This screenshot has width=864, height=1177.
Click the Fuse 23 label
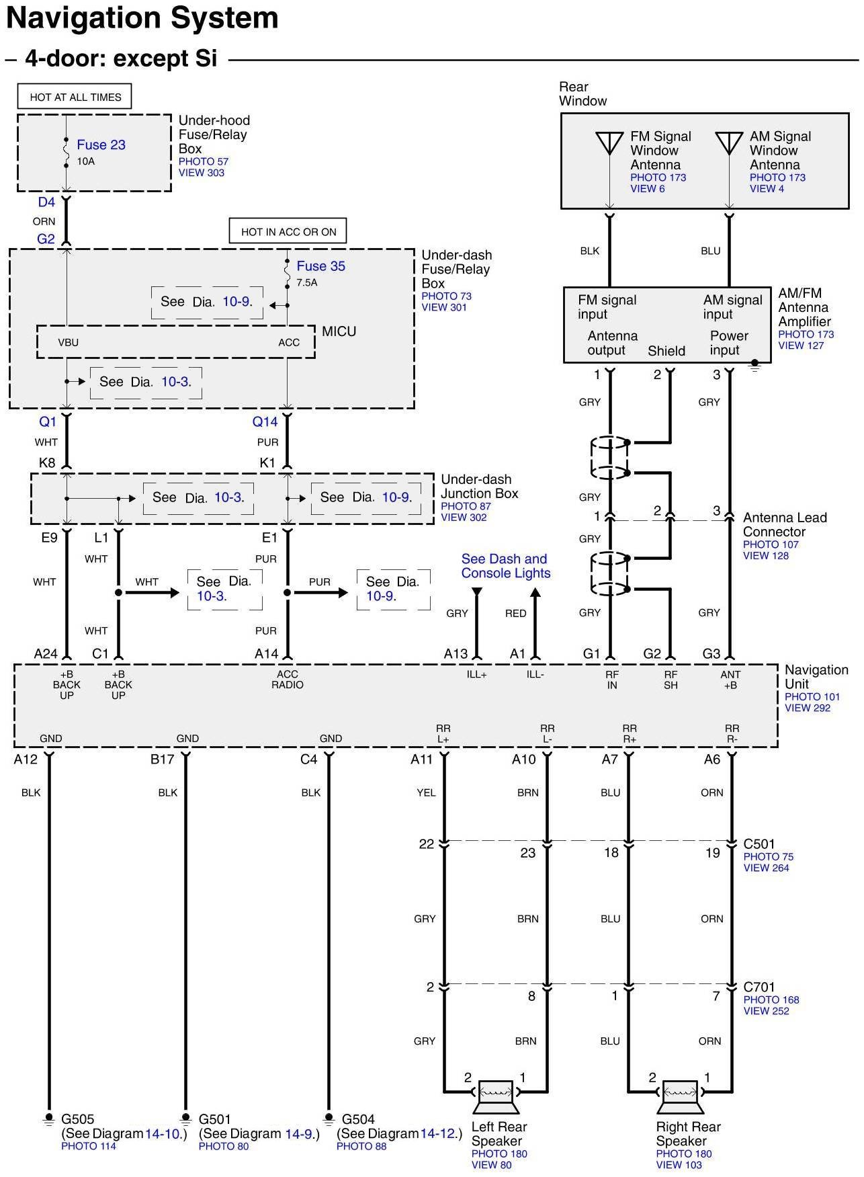[101, 145]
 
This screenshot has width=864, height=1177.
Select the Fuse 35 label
[320, 266]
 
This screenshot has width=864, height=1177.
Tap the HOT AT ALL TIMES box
[75, 97]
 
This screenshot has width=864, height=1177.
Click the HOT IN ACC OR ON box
[288, 232]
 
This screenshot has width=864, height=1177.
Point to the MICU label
[339, 331]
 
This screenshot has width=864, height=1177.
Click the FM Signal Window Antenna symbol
[609, 143]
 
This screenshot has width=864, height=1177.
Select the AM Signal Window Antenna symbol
[729, 143]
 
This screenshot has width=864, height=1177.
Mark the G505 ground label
[78, 1119]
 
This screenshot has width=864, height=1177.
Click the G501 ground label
[215, 1119]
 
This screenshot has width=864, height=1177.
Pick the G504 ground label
[358, 1119]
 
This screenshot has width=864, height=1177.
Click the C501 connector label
[759, 844]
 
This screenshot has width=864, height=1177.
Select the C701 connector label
[759, 987]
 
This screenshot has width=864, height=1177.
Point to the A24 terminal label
[46, 653]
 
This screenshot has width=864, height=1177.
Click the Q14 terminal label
[265, 421]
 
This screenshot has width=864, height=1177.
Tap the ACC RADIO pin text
[288, 680]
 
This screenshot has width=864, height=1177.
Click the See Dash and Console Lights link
[505, 566]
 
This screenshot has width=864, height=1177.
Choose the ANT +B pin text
[730, 680]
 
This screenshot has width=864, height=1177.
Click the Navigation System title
[142, 18]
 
